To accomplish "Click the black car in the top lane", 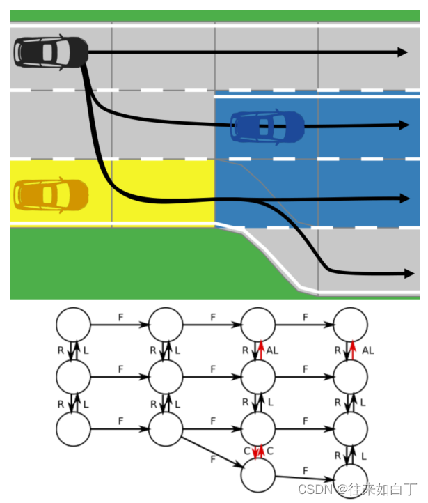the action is pos(51,52).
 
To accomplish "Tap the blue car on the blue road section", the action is pos(267,127).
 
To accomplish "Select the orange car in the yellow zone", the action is pos(51,195).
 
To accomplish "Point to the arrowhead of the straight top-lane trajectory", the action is pos(402,52).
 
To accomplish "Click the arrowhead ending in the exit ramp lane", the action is pos(409,274).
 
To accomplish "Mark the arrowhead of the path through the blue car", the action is pos(404,125).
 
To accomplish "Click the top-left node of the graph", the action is pos(73,325).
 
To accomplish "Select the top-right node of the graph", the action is pos(351,325).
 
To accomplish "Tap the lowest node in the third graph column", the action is pos(258,475).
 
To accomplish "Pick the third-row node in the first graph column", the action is pos(73,429).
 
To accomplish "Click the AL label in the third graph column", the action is pos(272,350).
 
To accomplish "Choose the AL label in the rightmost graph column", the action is pos(368,350).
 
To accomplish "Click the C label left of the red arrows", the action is pos(246,451).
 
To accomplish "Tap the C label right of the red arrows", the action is pos(270,451).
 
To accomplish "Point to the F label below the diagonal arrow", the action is pos(213,459).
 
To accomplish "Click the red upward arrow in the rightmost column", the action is pos(353,350).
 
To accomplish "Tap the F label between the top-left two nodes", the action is pos(120,317).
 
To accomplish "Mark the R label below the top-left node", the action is pos(61,350).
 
